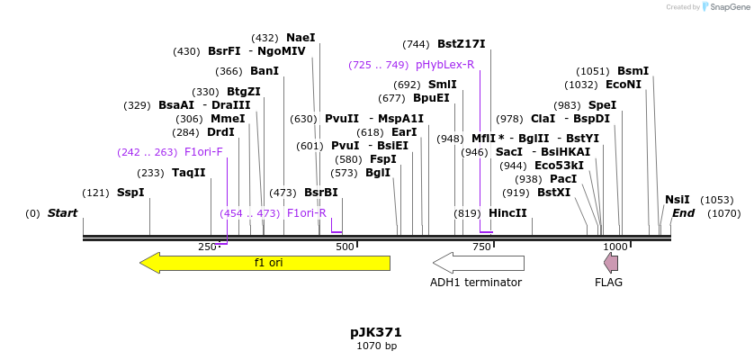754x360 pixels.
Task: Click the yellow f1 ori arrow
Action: coord(265,263)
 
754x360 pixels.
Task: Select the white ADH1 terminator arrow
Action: coord(478,263)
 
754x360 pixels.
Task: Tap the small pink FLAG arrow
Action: coord(611,263)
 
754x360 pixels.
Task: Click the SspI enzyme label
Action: coord(130,193)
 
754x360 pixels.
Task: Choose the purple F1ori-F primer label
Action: coord(203,152)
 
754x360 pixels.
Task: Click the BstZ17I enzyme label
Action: coord(461,44)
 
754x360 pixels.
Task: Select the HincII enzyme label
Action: coord(507,213)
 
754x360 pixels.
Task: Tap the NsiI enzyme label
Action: coord(677,200)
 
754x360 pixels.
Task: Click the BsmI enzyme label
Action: coord(633,71)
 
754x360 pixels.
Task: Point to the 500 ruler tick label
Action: coord(345,247)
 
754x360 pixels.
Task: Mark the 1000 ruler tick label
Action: coord(615,247)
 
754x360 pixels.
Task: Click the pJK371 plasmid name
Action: coord(376,332)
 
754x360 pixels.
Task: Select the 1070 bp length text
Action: coord(376,346)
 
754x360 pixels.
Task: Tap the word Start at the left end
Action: coord(63,213)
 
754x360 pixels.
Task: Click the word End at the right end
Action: coord(684,213)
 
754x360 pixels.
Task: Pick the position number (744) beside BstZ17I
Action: coord(416,44)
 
